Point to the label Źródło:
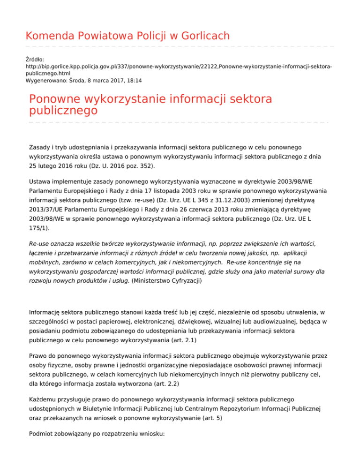[35, 60]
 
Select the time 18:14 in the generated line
[135, 80]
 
